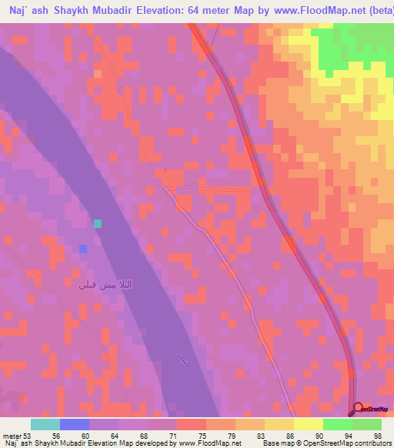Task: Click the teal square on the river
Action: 98,223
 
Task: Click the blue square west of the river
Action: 83,249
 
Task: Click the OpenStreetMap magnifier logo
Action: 359,409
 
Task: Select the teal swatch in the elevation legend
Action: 45,424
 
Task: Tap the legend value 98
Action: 377,435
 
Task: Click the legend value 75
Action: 202,435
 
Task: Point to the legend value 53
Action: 28,435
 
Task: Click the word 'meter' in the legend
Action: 12,435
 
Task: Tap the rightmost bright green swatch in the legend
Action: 367,424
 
